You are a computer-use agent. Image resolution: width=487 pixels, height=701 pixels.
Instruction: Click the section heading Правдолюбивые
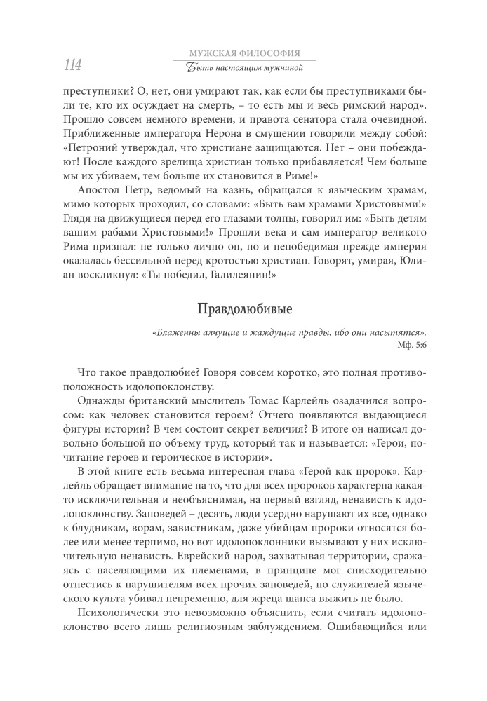[243, 308]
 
